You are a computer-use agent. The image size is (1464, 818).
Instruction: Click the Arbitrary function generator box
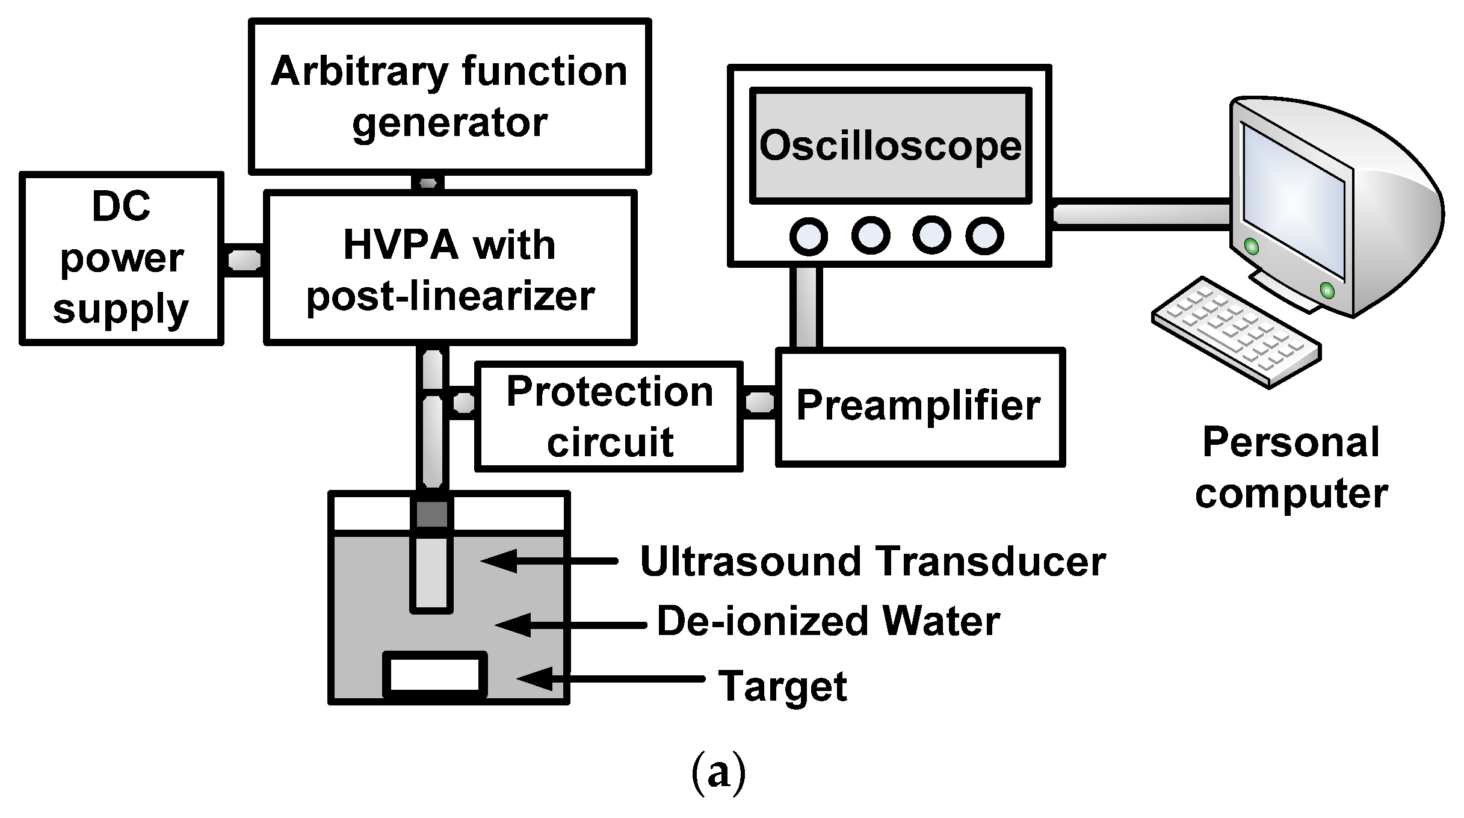tap(449, 96)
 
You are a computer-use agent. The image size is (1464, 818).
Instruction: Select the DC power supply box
tap(121, 259)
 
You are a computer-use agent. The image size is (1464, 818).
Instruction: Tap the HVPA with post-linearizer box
tap(449, 268)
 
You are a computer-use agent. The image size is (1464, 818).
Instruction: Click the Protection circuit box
tap(608, 417)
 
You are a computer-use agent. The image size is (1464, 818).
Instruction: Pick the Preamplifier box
tap(919, 407)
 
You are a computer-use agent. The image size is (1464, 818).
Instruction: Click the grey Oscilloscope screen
tap(890, 146)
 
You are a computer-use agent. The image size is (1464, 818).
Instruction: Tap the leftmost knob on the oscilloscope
tap(808, 236)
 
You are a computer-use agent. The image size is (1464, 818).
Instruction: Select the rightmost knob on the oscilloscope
tap(984, 236)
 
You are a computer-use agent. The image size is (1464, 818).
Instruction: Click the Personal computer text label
tap(1291, 468)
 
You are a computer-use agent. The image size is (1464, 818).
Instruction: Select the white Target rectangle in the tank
tap(434, 674)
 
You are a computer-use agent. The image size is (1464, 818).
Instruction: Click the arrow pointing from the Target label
tap(608, 679)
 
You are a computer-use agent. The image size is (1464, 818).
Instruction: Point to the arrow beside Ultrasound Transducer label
tap(548, 560)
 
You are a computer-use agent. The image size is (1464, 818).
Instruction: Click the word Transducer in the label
tap(990, 562)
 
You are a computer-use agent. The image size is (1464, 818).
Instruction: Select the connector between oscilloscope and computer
tap(1140, 214)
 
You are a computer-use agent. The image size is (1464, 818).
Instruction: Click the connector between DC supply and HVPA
tap(244, 260)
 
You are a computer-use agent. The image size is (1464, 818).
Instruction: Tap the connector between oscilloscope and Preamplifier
tap(806, 307)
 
